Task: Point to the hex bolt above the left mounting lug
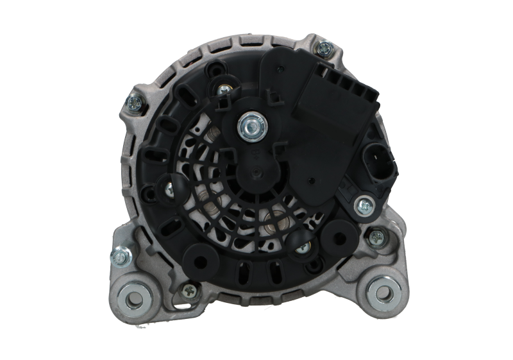click(x=118, y=257)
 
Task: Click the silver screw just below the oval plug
click(x=364, y=205)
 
